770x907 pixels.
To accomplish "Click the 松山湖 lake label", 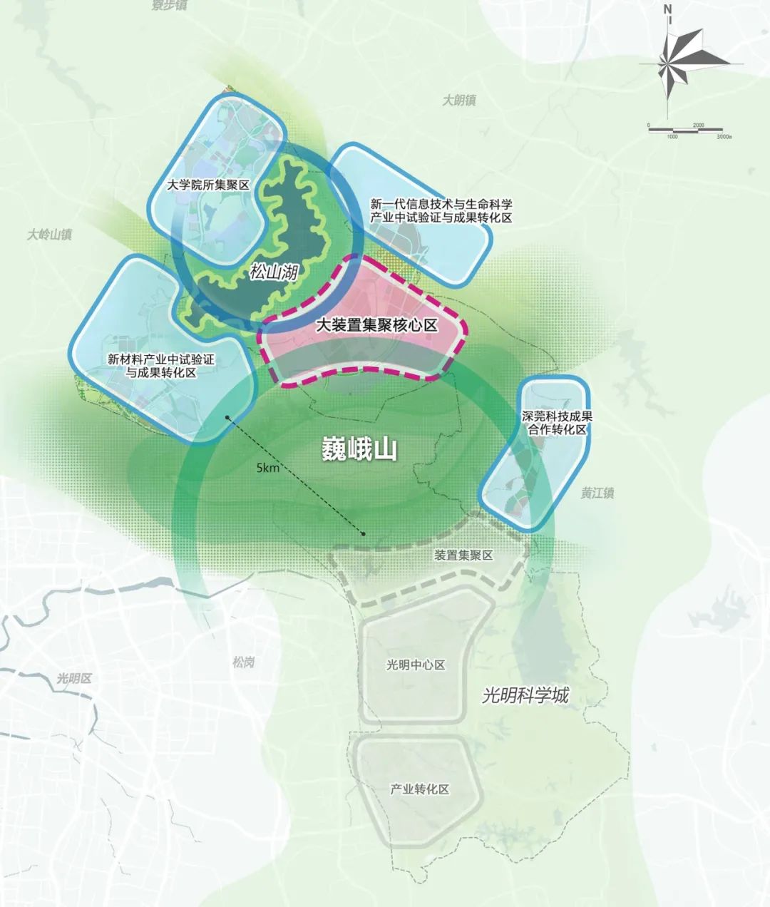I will (273, 272).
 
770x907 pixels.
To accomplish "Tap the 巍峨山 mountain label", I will (359, 450).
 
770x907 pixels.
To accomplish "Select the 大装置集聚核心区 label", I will (376, 326).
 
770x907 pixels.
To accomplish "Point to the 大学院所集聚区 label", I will (207, 185).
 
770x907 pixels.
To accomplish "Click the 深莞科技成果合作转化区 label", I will (554, 424).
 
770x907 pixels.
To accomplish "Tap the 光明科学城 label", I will (525, 695).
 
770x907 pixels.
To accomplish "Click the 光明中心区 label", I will (416, 665).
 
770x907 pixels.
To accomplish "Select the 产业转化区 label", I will (420, 789).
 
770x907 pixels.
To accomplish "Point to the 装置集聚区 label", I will (463, 555).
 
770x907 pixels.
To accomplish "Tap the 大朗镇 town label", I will (458, 101).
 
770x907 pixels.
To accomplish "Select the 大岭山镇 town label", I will (50, 234).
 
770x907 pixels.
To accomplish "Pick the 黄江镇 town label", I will (597, 493).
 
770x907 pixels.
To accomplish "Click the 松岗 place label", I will (243, 662).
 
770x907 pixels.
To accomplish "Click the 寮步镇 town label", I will (170, 6).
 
